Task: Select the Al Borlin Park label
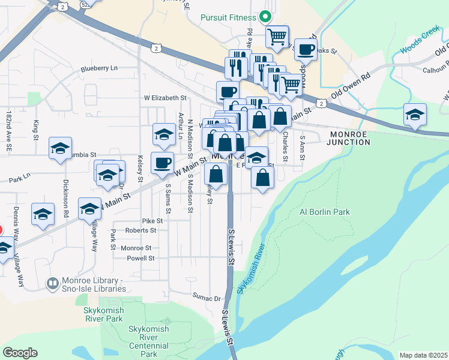point(324,212)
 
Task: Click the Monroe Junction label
point(349,137)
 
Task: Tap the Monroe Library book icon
point(53,282)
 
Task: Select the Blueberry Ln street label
point(100,68)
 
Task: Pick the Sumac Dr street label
point(207,296)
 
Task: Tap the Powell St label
point(141,258)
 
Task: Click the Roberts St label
point(140,230)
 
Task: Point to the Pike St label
point(148,221)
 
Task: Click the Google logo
point(20,353)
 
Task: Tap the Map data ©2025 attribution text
point(423,355)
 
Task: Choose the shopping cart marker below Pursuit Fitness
point(277,37)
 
